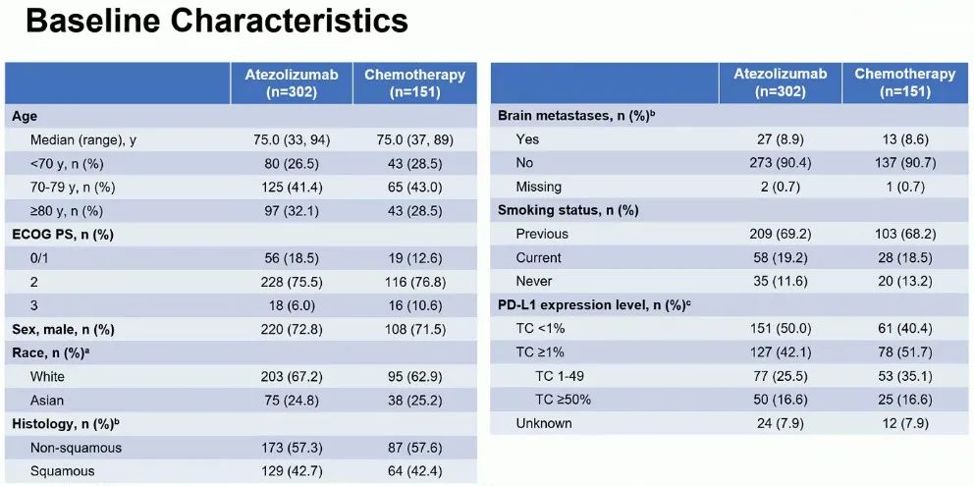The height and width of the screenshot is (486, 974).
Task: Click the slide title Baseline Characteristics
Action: (x=216, y=23)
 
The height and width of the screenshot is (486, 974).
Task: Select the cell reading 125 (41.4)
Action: (x=292, y=188)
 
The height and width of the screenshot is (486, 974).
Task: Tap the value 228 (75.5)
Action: (x=292, y=282)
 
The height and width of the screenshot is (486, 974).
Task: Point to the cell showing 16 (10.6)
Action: (x=414, y=305)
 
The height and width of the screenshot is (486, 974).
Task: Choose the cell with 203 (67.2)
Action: (x=292, y=376)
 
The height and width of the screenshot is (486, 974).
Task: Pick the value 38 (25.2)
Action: (x=414, y=400)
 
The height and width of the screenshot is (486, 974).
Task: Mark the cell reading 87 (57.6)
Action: (x=414, y=447)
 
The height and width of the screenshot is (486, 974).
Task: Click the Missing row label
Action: (x=538, y=187)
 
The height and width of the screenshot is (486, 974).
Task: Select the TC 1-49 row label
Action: (x=561, y=376)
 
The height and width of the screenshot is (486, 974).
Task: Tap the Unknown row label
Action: (x=544, y=423)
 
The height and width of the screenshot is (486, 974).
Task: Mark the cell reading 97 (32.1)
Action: (x=292, y=211)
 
